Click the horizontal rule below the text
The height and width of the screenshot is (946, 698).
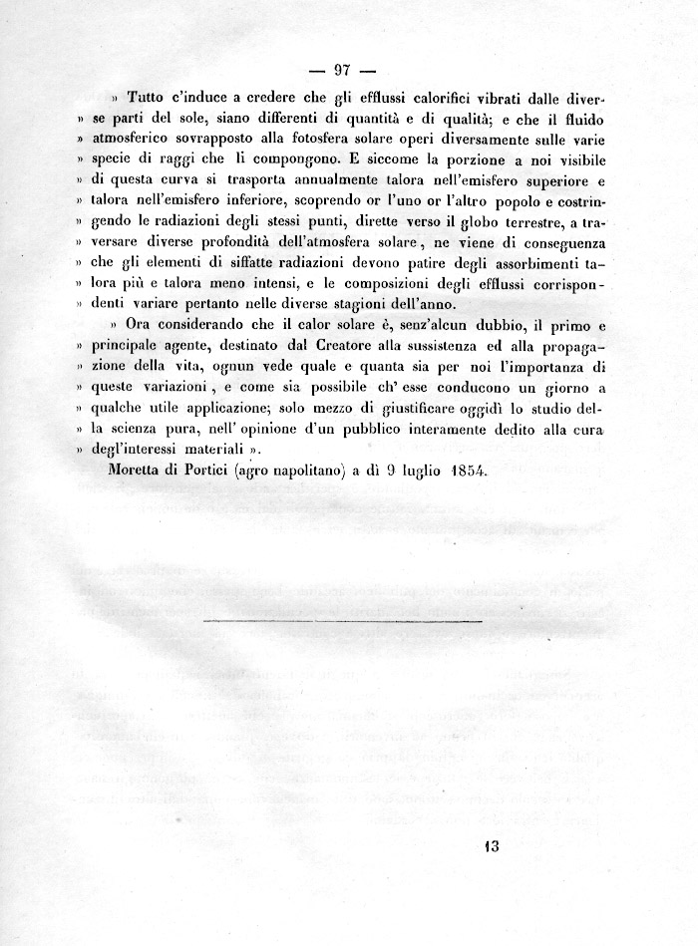[342, 619]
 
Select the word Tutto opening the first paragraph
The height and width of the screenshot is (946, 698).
[148, 100]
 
